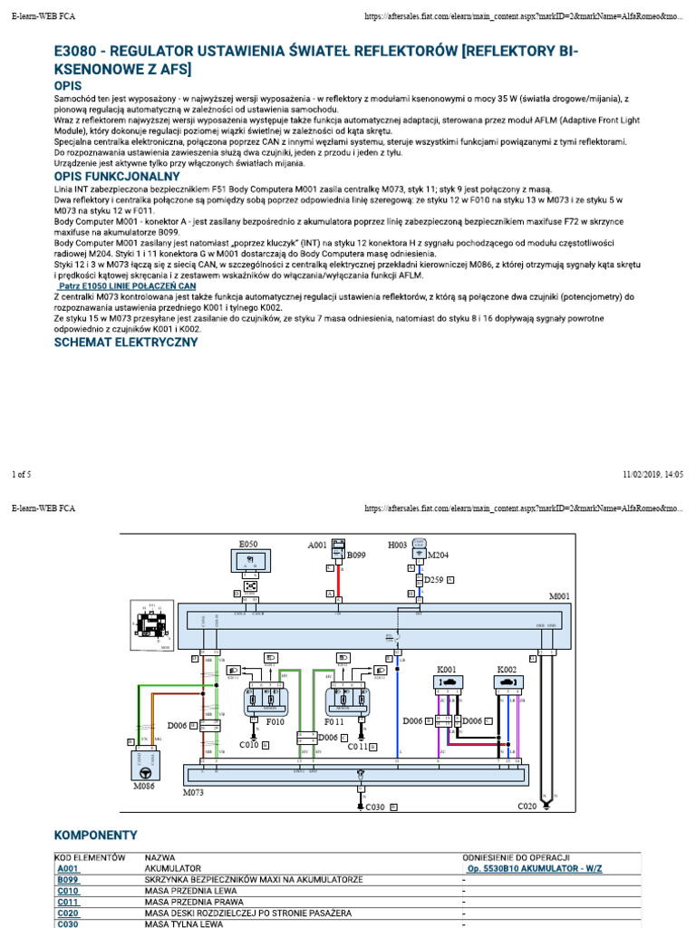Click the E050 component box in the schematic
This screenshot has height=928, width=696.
pyautogui.click(x=247, y=563)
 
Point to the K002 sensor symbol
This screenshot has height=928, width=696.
pyautogui.click(x=506, y=682)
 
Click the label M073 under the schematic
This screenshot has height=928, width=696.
pyautogui.click(x=195, y=792)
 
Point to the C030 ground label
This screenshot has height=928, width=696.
pyautogui.click(x=375, y=806)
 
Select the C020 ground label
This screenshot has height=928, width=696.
pyautogui.click(x=528, y=806)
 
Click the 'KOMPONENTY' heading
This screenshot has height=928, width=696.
pyautogui.click(x=96, y=834)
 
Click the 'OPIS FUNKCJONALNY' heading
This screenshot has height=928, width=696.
pyautogui.click(x=119, y=175)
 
